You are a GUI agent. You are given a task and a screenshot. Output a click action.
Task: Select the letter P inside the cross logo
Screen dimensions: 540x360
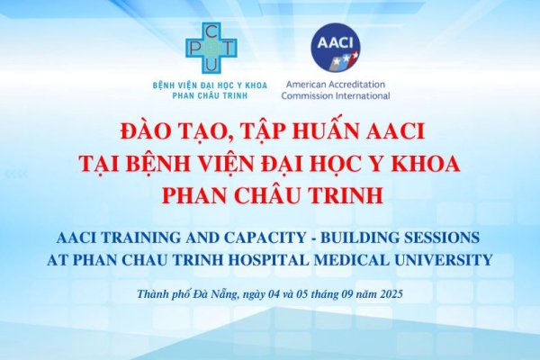[x=193, y=49]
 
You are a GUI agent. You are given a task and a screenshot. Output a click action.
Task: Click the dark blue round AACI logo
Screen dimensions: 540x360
[x=336, y=46]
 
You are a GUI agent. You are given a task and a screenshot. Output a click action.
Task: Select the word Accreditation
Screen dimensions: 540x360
[x=355, y=84]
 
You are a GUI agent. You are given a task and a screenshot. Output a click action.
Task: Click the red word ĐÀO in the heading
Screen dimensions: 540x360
[x=141, y=132]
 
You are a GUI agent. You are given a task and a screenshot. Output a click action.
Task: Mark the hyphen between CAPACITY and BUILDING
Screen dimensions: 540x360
[x=312, y=238]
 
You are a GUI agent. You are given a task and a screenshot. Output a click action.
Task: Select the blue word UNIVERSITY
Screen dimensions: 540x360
[x=444, y=260]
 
